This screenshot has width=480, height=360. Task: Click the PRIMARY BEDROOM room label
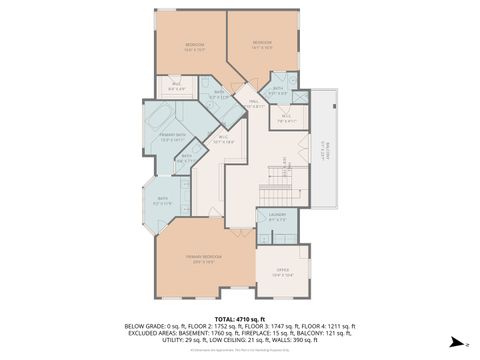coord(203,258)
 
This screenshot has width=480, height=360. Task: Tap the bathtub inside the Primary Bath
coord(160,123)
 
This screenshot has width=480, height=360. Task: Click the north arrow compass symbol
coord(454,342)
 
